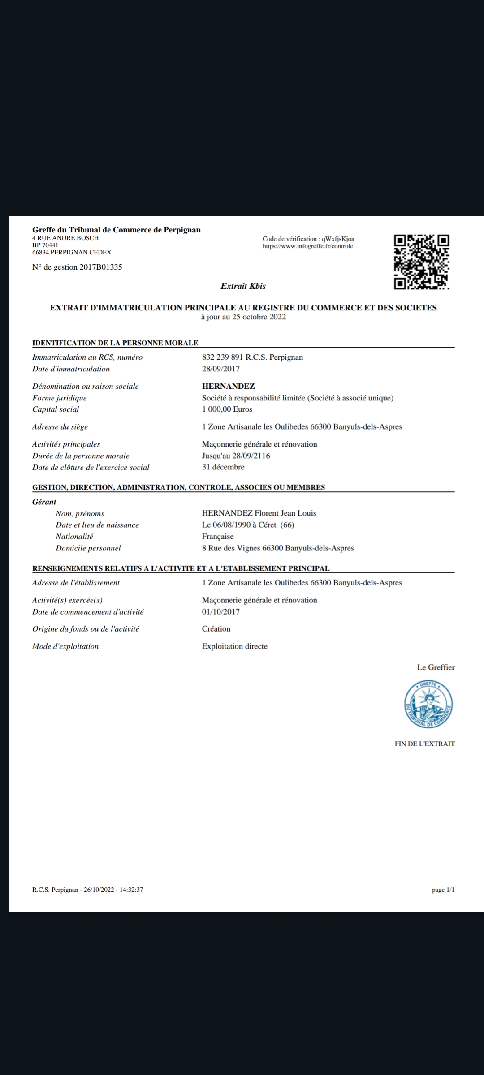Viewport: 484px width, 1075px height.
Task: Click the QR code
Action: (x=421, y=262)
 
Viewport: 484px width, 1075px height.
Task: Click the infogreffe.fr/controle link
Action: (x=308, y=246)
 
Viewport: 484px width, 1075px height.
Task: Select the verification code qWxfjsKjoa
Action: (x=338, y=239)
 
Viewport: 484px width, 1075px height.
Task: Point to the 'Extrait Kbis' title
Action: (x=243, y=286)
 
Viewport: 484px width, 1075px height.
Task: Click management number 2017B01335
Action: (x=100, y=267)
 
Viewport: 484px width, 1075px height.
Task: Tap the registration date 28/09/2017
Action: (x=220, y=369)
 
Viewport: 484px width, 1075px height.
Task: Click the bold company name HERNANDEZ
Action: (x=228, y=386)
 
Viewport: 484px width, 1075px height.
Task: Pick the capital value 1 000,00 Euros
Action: (x=227, y=409)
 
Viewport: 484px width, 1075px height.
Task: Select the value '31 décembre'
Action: (x=223, y=467)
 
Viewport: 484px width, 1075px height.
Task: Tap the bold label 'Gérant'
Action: (x=44, y=502)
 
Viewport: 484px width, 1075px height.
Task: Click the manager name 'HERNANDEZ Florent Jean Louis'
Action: (x=259, y=513)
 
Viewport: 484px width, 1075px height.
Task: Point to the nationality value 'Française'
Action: (x=218, y=536)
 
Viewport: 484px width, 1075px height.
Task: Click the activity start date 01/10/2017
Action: (x=220, y=611)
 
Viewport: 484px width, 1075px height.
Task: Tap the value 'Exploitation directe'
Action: (x=234, y=646)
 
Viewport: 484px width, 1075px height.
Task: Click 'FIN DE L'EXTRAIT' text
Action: (x=424, y=744)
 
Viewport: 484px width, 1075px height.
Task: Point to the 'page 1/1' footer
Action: (x=443, y=890)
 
